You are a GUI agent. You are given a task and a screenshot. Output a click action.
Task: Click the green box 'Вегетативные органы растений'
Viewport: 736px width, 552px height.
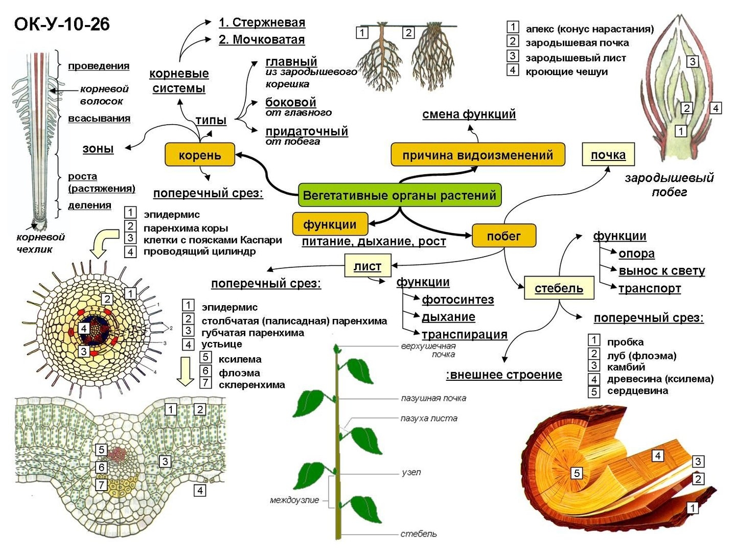coord(399,195)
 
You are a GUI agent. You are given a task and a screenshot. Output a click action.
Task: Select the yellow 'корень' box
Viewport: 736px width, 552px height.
coord(200,155)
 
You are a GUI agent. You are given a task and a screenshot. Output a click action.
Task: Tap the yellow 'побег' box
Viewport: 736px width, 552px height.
coord(503,236)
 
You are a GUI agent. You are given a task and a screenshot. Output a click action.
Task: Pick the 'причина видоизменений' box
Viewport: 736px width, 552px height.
coord(477,155)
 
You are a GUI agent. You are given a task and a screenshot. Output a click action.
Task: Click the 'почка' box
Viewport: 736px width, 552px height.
coord(608,155)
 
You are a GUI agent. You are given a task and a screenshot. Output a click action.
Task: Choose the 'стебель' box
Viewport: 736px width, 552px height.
coord(559,288)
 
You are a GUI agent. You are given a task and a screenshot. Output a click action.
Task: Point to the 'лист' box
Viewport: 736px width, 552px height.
coord(367,266)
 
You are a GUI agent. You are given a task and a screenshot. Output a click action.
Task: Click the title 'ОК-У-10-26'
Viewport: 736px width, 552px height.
coord(62,24)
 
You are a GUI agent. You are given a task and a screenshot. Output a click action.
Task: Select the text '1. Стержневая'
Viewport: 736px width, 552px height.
coord(262,22)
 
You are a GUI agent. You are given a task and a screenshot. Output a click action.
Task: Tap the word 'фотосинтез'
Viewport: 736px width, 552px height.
coord(458,300)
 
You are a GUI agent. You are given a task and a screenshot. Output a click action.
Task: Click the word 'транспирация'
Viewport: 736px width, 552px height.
coord(464,334)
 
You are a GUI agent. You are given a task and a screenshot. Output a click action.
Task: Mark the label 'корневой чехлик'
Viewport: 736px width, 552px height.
coord(41,243)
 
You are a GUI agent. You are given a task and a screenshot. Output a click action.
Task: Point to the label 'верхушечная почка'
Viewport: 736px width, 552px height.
coord(428,350)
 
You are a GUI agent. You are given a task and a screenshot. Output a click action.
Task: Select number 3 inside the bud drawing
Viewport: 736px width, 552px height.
coord(692,62)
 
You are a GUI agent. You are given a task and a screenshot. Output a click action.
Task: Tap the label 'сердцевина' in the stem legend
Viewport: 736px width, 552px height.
coord(637,391)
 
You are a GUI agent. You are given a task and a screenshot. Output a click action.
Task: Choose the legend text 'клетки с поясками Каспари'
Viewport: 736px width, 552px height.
coord(213,240)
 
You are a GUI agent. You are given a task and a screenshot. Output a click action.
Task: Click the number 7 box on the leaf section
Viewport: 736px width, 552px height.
coord(102,485)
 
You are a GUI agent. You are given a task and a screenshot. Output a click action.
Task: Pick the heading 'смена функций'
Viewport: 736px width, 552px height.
coord(469,114)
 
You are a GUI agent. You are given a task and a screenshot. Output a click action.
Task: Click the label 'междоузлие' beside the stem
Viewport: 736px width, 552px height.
coord(294,500)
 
